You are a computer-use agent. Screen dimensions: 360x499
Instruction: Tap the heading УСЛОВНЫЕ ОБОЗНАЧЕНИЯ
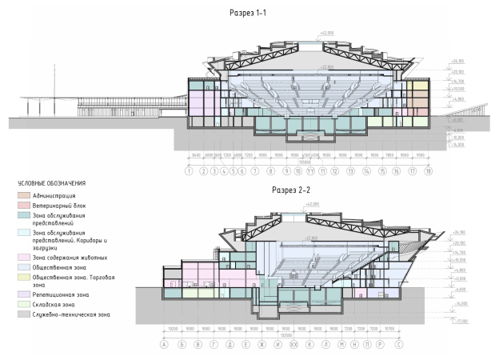[46, 183]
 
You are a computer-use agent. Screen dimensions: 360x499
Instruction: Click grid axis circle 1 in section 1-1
[189, 171]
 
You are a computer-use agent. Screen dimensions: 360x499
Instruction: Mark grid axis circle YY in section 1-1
[309, 171]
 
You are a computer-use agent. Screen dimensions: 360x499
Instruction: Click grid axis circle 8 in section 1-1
[271, 171]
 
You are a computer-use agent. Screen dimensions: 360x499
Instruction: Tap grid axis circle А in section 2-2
[163, 345]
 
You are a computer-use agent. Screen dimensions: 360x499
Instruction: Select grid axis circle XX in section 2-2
[293, 345]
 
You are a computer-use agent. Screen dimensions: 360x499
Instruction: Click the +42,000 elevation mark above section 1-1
[326, 34]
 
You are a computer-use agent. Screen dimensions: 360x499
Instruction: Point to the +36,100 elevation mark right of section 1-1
[458, 61]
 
